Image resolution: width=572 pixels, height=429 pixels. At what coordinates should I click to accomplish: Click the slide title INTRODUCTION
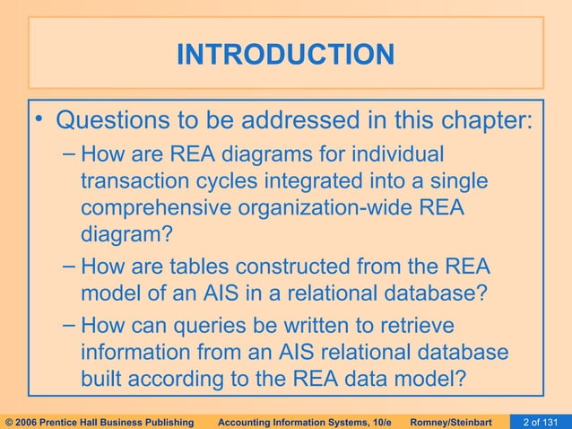coord(285,55)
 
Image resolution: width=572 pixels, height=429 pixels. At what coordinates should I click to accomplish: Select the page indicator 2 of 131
coord(542,422)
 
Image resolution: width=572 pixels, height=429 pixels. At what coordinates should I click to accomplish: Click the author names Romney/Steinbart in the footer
coord(458,422)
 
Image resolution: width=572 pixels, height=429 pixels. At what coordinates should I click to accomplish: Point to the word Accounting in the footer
coord(250,422)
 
